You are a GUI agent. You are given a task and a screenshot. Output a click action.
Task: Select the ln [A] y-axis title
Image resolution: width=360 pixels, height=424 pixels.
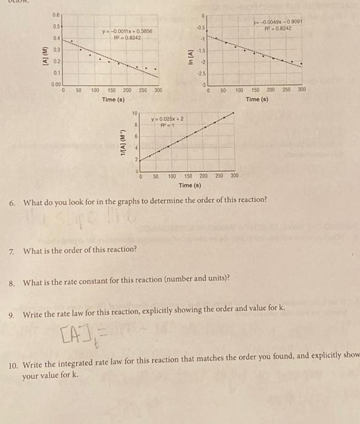pyautogui.click(x=190, y=56)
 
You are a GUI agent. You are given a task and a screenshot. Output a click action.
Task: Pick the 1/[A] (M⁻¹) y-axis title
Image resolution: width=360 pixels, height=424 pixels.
pyautogui.click(x=124, y=144)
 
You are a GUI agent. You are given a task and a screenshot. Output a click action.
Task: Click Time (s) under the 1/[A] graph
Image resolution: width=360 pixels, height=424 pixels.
pyautogui.click(x=190, y=185)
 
